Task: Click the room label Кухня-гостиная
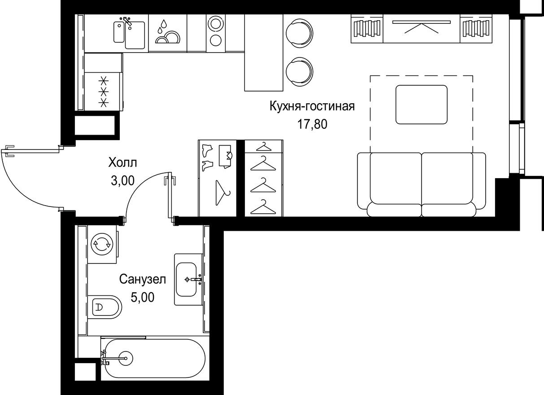coord(312,107)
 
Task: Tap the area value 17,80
coord(312,124)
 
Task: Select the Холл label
coord(122,162)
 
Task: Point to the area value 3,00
coord(122,180)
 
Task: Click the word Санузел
coord(143,280)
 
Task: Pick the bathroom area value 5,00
coord(143,297)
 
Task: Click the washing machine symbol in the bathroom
coord(101,244)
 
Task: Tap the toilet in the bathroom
coord(104,307)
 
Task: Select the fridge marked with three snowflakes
coord(104,92)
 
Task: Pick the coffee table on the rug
coord(421,104)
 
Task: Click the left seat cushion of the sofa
coord(396,180)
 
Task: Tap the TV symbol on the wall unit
coord(422,27)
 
